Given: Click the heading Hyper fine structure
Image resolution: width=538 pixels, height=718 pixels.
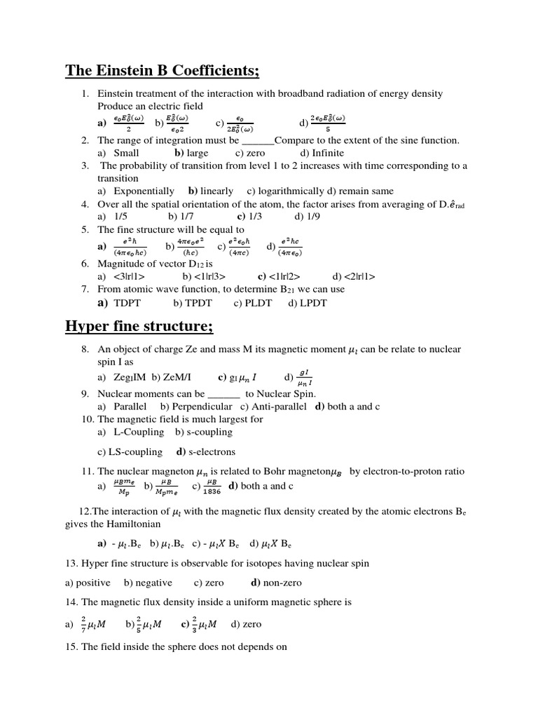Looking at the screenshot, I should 139,327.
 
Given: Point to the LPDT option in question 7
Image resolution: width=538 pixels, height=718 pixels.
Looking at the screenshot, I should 312,303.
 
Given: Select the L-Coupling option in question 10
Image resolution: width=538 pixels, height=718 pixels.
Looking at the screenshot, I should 139,432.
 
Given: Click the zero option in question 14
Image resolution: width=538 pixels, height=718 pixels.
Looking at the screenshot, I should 250,624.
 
